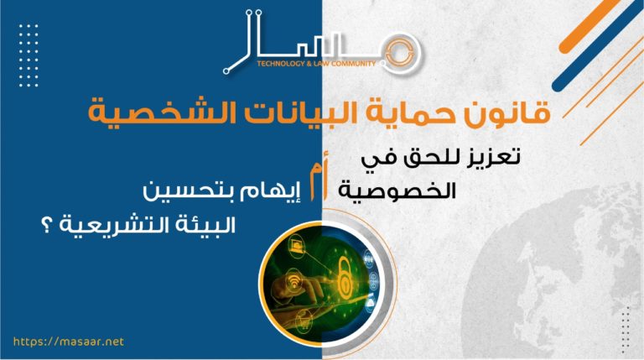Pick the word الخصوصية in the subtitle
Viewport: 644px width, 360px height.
click(x=397, y=190)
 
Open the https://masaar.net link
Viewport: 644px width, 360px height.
click(x=69, y=342)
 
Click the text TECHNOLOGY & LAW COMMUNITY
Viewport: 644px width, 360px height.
click(x=316, y=64)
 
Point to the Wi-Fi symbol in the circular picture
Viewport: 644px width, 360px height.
click(x=293, y=280)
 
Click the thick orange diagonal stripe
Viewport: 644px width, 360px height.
click(x=589, y=26)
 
